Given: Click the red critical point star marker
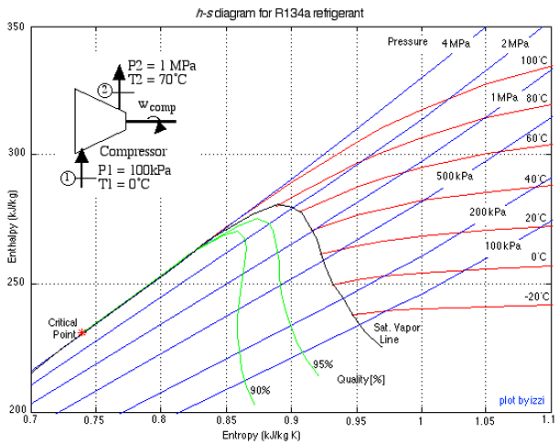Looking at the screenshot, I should pos(82,332).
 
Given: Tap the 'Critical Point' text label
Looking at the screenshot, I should pos(64,328).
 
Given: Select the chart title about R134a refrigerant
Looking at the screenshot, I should pos(280,12).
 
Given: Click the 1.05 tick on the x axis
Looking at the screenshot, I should pos(484,420).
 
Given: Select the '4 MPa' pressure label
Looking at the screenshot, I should pos(457,43).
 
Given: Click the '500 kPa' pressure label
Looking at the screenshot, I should pos(454,175).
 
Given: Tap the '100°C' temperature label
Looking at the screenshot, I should pos(533,60).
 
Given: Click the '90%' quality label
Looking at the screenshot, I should pos(260,390).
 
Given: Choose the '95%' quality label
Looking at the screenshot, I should pos(322,363).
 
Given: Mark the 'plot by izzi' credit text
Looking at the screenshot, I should pos(522,400).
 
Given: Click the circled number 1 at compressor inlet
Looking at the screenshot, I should pos(66,178).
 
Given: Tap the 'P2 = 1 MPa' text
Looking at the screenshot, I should pos(161,65).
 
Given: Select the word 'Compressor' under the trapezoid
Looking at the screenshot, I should pos(132,151).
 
